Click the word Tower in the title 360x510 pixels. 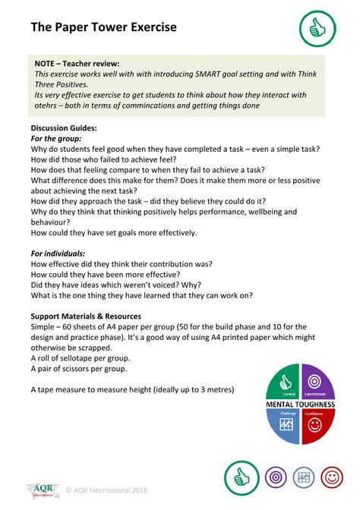pyautogui.click(x=103, y=27)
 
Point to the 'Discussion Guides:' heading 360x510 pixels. pyautogui.click(x=64, y=128)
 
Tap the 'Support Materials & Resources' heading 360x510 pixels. pyautogui.click(x=86, y=316)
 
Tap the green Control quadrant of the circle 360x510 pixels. pyautogui.click(x=286, y=381)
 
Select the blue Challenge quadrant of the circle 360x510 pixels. pyautogui.click(x=286, y=427)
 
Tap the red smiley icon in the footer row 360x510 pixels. pyautogui.click(x=330, y=478)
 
